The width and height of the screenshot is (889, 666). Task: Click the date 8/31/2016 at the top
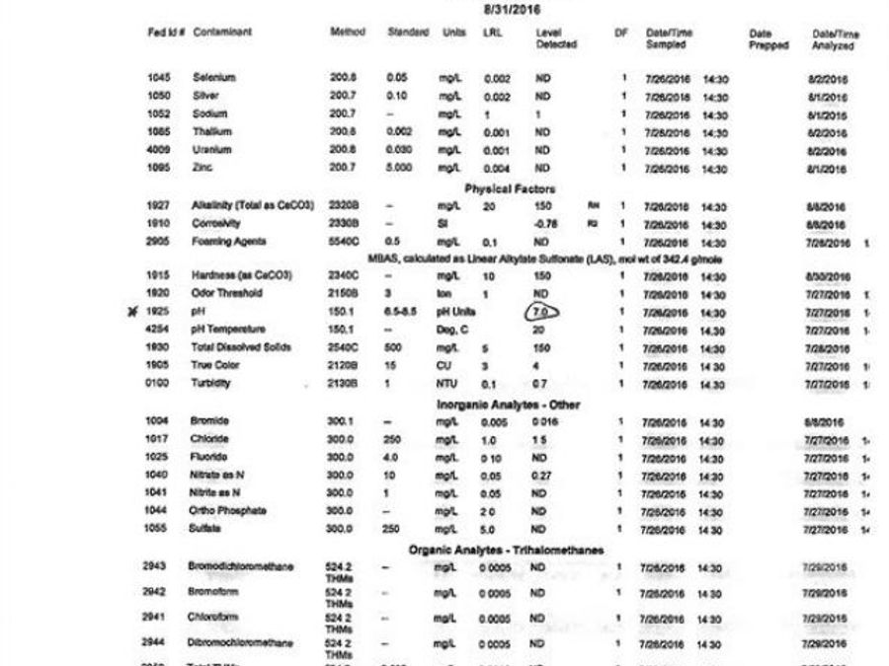[512, 9]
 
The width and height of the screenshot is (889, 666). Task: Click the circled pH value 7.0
[541, 312]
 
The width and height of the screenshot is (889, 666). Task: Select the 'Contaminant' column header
[222, 33]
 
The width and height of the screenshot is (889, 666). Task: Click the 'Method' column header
[347, 33]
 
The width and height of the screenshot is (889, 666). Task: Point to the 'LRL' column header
[492, 33]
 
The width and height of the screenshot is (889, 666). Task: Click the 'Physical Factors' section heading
[510, 188]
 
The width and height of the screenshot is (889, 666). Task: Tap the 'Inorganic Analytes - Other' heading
[509, 405]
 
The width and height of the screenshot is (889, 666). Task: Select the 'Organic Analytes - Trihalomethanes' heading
[506, 550]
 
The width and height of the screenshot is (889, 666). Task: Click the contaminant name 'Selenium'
[214, 78]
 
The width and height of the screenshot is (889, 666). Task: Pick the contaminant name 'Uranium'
[212, 151]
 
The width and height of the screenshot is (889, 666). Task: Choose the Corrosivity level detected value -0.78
[545, 224]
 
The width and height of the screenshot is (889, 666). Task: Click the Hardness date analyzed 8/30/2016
[827, 276]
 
